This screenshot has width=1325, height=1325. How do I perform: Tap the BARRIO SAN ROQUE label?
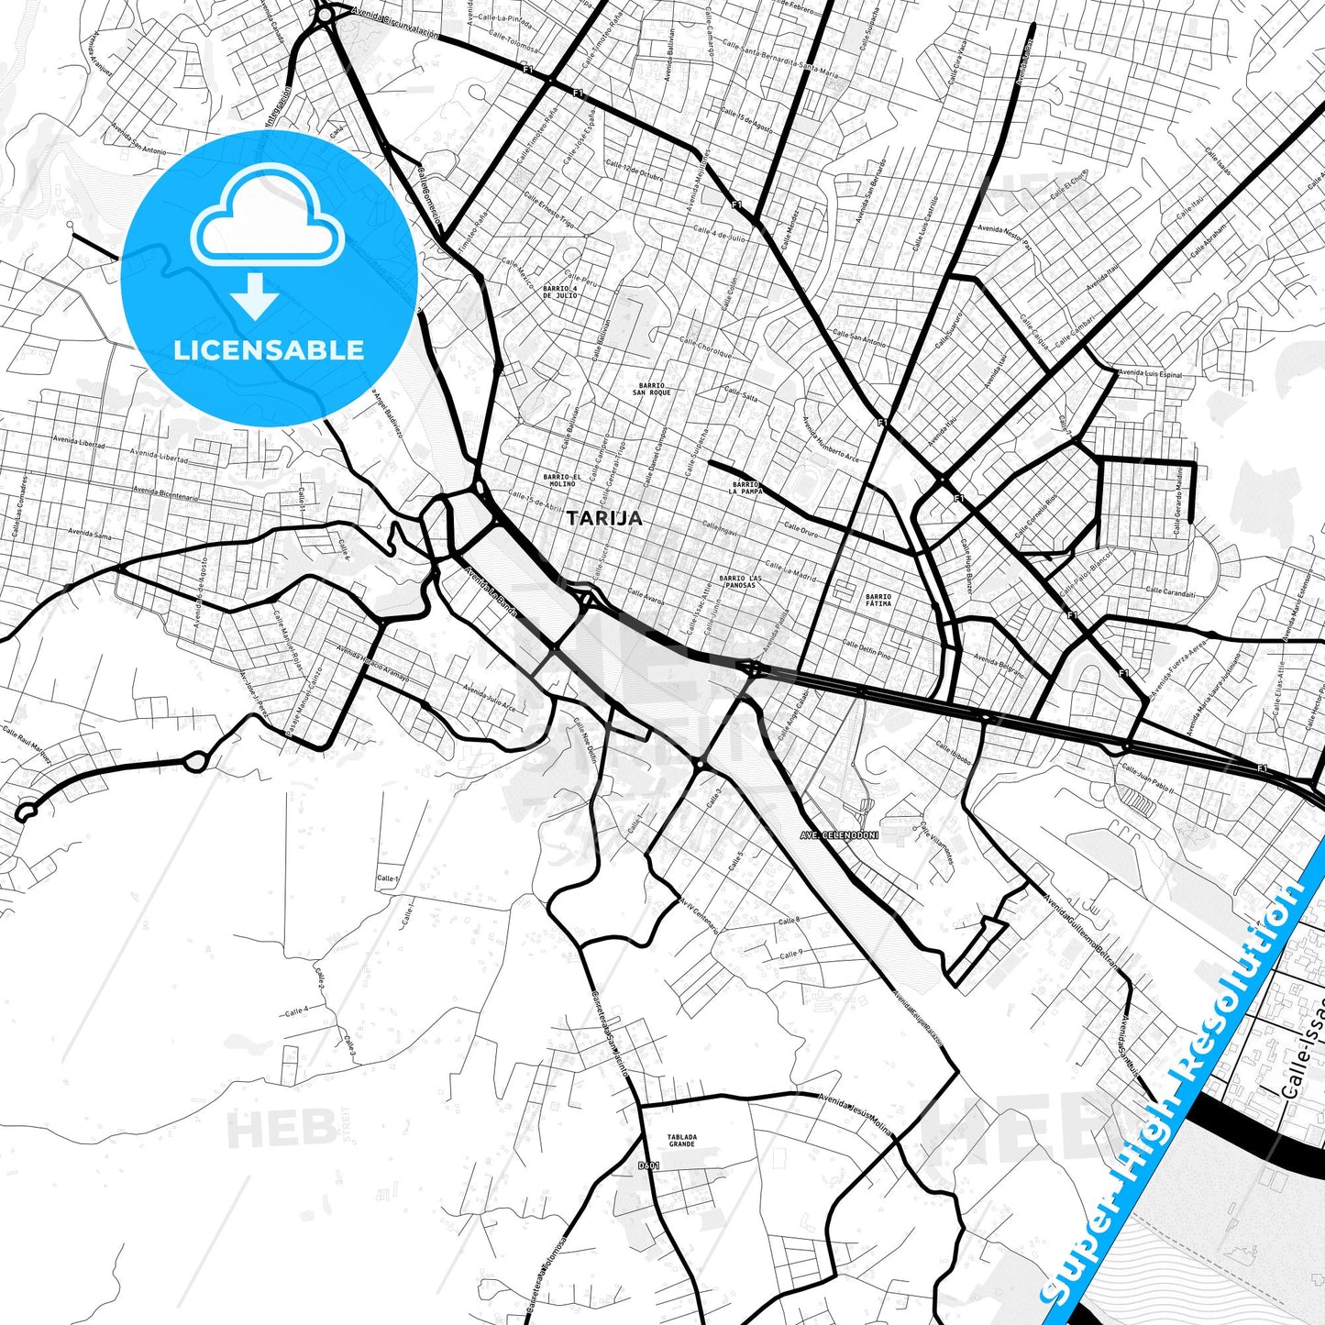tap(651, 389)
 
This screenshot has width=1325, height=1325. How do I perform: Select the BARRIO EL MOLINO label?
tap(561, 480)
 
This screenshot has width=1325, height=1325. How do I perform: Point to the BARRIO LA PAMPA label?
tap(745, 487)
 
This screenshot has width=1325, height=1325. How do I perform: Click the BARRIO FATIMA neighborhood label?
tap(878, 600)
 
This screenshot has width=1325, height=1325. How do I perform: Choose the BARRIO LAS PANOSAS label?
tap(740, 581)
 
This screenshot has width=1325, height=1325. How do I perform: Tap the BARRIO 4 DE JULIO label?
tap(559, 292)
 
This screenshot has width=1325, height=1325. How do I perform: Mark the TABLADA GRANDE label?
tap(681, 1140)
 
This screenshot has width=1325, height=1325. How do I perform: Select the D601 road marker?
tap(648, 1165)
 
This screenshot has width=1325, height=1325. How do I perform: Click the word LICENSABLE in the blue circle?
tap(269, 349)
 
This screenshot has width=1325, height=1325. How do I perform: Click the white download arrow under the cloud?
tap(255, 298)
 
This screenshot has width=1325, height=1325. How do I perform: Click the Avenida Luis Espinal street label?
tap(1150, 373)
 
